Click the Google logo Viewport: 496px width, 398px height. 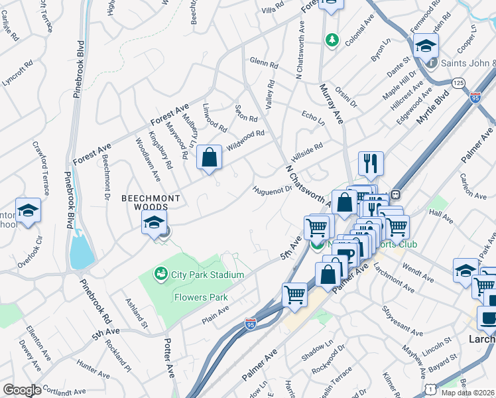(21, 390)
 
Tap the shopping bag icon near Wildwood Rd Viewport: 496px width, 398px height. (209, 159)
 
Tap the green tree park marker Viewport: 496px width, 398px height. (331, 41)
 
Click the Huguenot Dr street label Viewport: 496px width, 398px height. (272, 190)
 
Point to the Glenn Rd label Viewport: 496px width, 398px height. (264, 64)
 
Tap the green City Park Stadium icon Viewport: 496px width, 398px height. (160, 273)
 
